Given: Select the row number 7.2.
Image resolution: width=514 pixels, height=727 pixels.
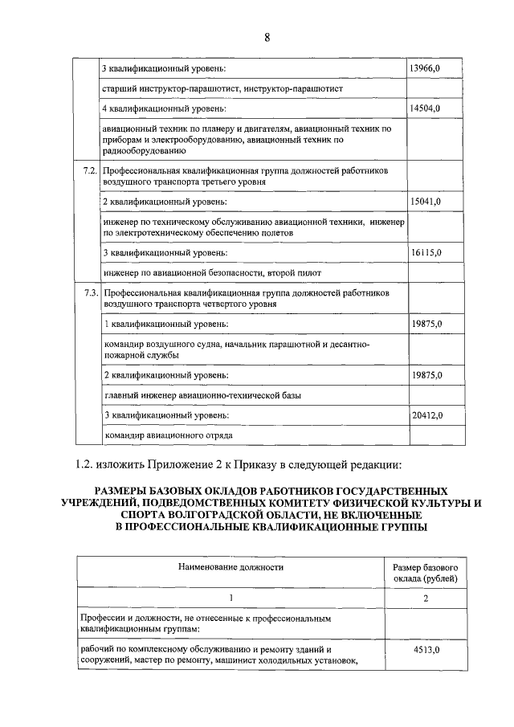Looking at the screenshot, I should (90, 171).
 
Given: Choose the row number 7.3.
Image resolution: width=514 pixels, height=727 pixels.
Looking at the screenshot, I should (90, 293).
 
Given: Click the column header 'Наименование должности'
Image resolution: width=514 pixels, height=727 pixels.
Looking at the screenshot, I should (231, 567).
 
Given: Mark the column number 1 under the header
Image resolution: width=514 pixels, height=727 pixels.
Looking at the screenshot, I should (231, 598).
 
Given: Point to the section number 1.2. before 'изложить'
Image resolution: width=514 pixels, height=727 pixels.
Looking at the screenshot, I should (84, 464).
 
